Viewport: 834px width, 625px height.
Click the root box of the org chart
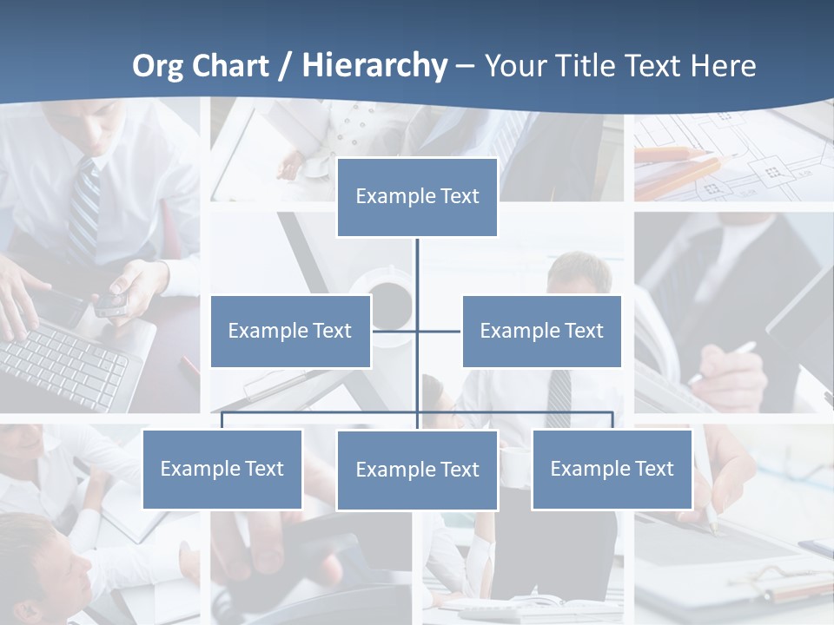pyautogui.click(x=417, y=197)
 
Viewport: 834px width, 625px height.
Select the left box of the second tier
pyautogui.click(x=290, y=331)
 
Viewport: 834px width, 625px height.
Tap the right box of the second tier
pyautogui.click(x=541, y=331)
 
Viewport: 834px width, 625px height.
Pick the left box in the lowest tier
pyautogui.click(x=222, y=469)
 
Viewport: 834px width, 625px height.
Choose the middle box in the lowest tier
pyautogui.click(x=417, y=470)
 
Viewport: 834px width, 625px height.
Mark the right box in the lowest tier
pyautogui.click(x=612, y=469)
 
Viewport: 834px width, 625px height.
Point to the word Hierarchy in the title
pyautogui.click(x=374, y=65)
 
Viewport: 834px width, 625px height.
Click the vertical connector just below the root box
pyautogui.click(x=417, y=260)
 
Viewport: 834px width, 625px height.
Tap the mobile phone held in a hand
pyautogui.click(x=111, y=300)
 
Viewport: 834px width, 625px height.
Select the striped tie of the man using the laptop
pyautogui.click(x=84, y=208)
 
